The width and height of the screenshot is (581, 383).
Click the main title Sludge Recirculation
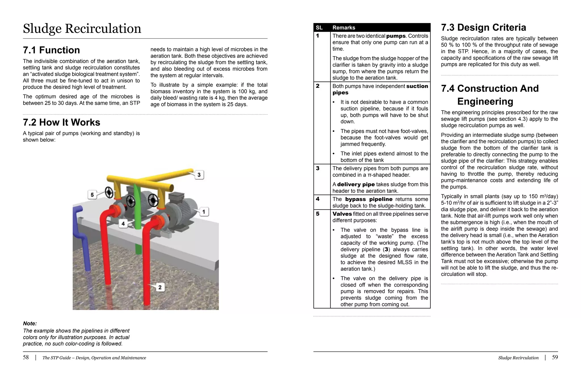(x=82, y=29)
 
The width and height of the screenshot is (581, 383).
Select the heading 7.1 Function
(x=51, y=50)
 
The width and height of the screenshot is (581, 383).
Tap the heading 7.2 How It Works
(x=62, y=122)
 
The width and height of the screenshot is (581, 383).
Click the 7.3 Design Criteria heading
(x=483, y=28)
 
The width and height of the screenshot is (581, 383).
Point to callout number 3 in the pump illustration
(x=199, y=174)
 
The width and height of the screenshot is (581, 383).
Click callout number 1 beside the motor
(x=204, y=212)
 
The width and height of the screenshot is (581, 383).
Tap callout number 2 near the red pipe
(x=160, y=287)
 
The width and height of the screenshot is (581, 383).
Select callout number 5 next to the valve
(x=92, y=195)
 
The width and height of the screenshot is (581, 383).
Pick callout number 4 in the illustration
(x=123, y=224)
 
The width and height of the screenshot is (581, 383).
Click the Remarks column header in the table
(x=344, y=28)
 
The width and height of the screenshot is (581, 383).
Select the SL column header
(x=319, y=28)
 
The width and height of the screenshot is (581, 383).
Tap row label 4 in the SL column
(x=318, y=199)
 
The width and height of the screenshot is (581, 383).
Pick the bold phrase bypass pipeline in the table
(x=369, y=199)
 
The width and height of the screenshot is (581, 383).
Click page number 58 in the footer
(x=26, y=357)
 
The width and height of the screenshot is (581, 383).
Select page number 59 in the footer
(x=555, y=357)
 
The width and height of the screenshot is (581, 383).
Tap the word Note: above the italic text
(x=30, y=323)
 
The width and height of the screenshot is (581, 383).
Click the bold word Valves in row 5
(x=342, y=214)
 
